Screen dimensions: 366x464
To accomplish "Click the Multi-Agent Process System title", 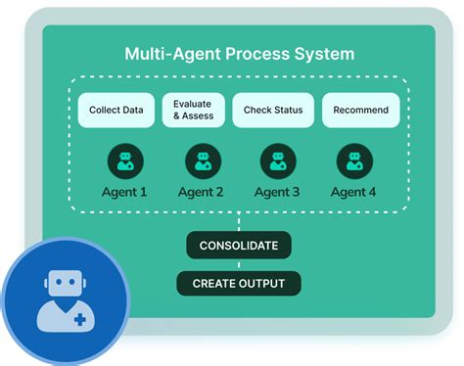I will click(x=239, y=53).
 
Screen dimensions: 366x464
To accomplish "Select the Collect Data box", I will click(x=116, y=110).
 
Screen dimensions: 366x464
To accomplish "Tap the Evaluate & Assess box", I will click(x=193, y=110).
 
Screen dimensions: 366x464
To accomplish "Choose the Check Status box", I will click(x=273, y=110).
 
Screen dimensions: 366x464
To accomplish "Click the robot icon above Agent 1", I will click(x=124, y=160).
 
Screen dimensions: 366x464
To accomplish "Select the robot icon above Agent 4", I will click(x=354, y=160).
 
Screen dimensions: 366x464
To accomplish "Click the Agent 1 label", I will click(x=124, y=192).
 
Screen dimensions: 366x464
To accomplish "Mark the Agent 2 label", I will click(x=202, y=192).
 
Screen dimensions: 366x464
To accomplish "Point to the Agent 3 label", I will click(x=279, y=192).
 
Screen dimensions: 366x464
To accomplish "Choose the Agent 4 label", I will click(x=354, y=192).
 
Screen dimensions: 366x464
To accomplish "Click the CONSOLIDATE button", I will click(x=239, y=245).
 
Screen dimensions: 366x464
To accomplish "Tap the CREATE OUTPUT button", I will click(x=239, y=284).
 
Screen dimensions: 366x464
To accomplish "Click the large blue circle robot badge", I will click(x=64, y=298).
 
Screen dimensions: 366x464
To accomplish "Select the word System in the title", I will click(x=328, y=53).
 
